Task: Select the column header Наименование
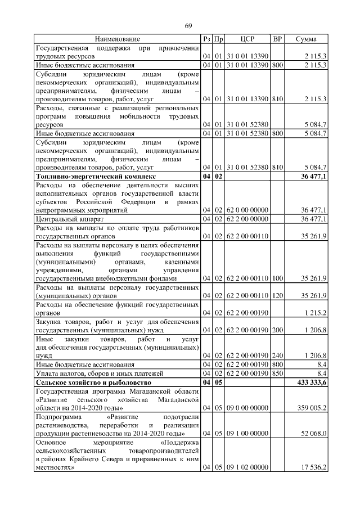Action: click(x=117, y=39)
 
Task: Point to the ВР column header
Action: click(x=277, y=39)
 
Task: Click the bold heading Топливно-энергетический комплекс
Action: click(x=94, y=177)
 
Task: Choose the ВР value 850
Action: click(x=277, y=373)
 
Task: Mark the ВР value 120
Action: click(x=277, y=295)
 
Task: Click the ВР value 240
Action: click(x=277, y=355)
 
